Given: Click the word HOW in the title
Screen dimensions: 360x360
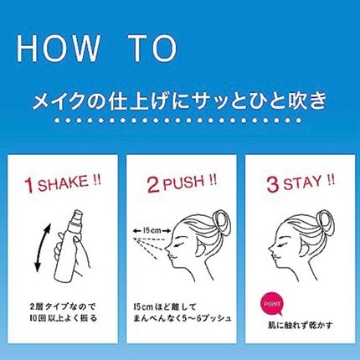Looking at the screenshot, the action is pos(58,48).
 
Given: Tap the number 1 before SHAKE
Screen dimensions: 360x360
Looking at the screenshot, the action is pos(30,185).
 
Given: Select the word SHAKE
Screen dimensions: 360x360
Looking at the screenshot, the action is pos(63,184).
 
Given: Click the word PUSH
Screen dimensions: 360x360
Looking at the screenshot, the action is pos(183,183).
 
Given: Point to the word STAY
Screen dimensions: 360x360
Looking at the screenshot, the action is pos(302,183).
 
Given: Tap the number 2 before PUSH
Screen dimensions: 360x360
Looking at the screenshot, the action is pos(153,185).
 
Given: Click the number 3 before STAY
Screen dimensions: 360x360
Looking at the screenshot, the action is pos(273,185).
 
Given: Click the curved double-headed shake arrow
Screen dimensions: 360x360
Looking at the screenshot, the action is pos(41,248).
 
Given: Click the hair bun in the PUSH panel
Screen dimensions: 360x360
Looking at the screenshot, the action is pos(221,223).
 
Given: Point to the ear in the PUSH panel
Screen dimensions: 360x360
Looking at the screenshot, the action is pos(203,249).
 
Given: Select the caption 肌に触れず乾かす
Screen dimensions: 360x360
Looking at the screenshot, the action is pos(300,326).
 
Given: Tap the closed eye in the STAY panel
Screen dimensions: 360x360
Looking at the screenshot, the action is pos(285,244).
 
